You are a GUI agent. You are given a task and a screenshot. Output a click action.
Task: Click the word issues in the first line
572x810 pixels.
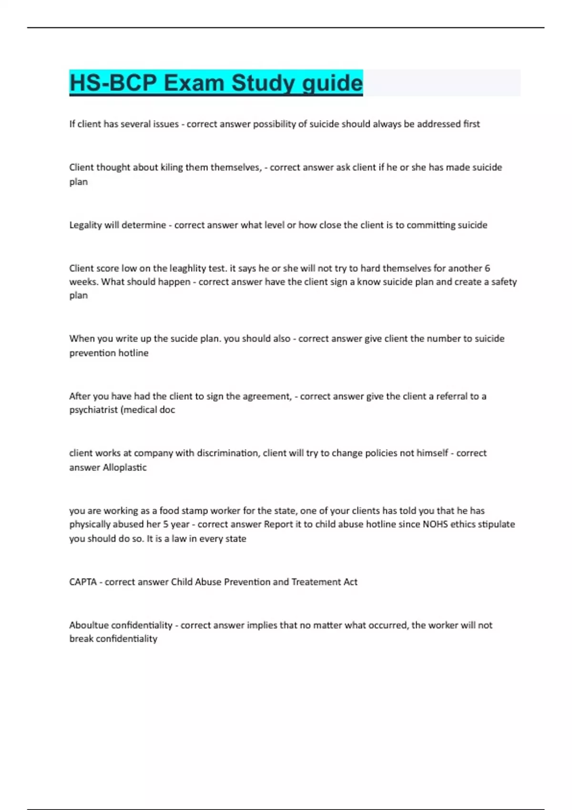(x=166, y=124)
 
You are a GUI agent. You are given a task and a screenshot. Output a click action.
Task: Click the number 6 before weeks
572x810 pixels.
(x=487, y=268)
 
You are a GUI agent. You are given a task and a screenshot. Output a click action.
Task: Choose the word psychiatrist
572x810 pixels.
(x=94, y=410)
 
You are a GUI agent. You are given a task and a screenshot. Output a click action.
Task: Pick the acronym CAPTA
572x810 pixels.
(x=83, y=582)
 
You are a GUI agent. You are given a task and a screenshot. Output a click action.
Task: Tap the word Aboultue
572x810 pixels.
(x=87, y=625)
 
